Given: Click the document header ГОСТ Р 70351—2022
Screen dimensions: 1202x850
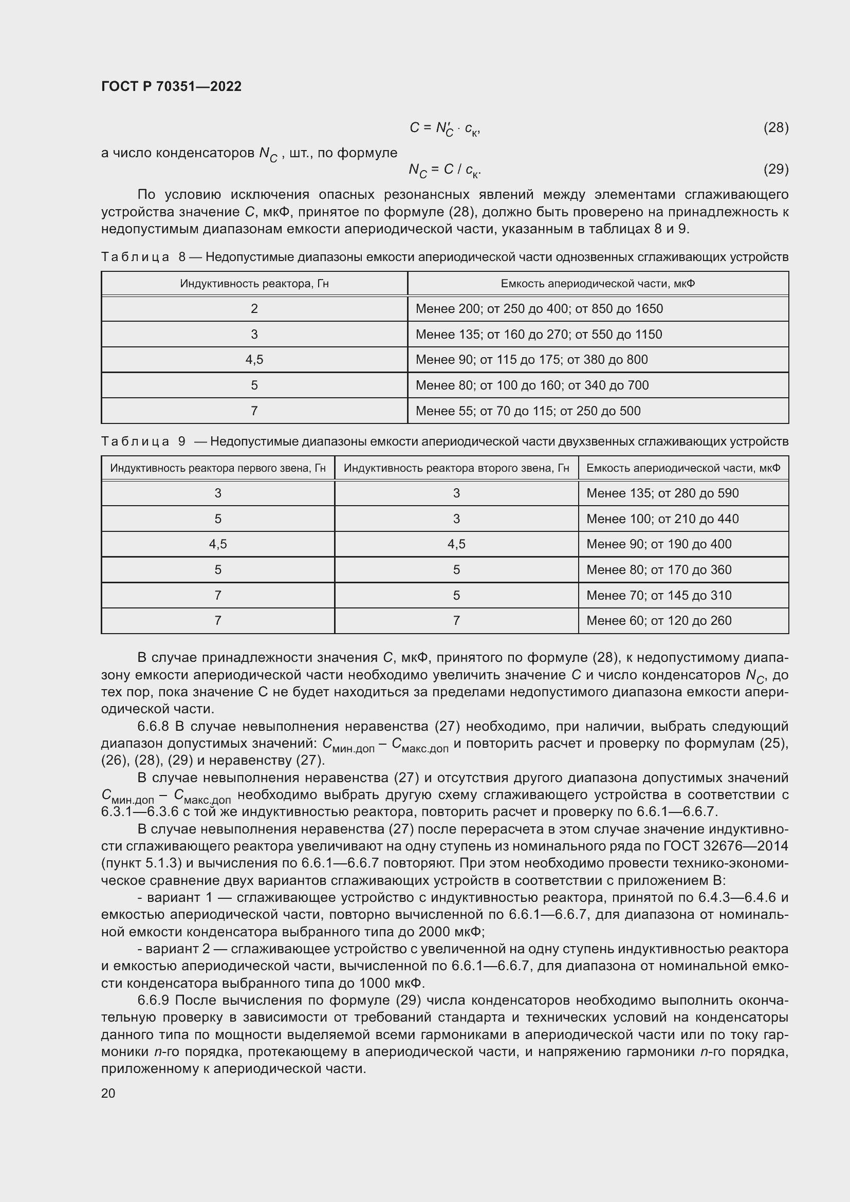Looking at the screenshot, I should (171, 86).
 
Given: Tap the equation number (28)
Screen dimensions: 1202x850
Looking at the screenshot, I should (775, 127).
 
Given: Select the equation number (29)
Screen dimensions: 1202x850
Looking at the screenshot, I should (775, 169).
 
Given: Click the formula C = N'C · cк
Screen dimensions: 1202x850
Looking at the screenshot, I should (445, 128).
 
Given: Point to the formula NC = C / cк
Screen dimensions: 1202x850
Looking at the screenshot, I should (445, 170).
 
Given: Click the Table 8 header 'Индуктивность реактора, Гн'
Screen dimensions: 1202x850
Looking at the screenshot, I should (254, 283).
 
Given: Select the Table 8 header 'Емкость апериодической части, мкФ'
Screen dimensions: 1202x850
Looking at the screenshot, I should (598, 283).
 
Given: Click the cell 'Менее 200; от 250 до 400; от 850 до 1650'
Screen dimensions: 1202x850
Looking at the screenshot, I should (539, 308).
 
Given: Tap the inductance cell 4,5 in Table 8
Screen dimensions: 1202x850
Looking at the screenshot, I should (254, 360).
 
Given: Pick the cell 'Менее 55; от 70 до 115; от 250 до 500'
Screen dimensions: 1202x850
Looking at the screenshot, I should (528, 411).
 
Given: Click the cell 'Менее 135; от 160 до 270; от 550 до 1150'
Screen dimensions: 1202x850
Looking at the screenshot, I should (539, 335).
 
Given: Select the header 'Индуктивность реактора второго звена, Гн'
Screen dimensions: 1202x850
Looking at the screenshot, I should (456, 468).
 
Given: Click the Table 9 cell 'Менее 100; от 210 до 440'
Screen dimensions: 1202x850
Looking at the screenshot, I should (662, 519).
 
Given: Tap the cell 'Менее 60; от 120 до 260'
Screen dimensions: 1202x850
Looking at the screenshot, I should (658, 620).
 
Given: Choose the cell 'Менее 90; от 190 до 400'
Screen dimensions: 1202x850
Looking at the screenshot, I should (658, 544).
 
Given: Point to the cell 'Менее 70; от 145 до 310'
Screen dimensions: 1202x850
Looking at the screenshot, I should (658, 595).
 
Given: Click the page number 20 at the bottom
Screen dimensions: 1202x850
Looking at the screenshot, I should (108, 1093).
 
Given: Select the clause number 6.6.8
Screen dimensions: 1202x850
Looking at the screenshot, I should (153, 726).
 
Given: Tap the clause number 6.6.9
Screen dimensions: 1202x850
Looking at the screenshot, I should (153, 1000).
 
